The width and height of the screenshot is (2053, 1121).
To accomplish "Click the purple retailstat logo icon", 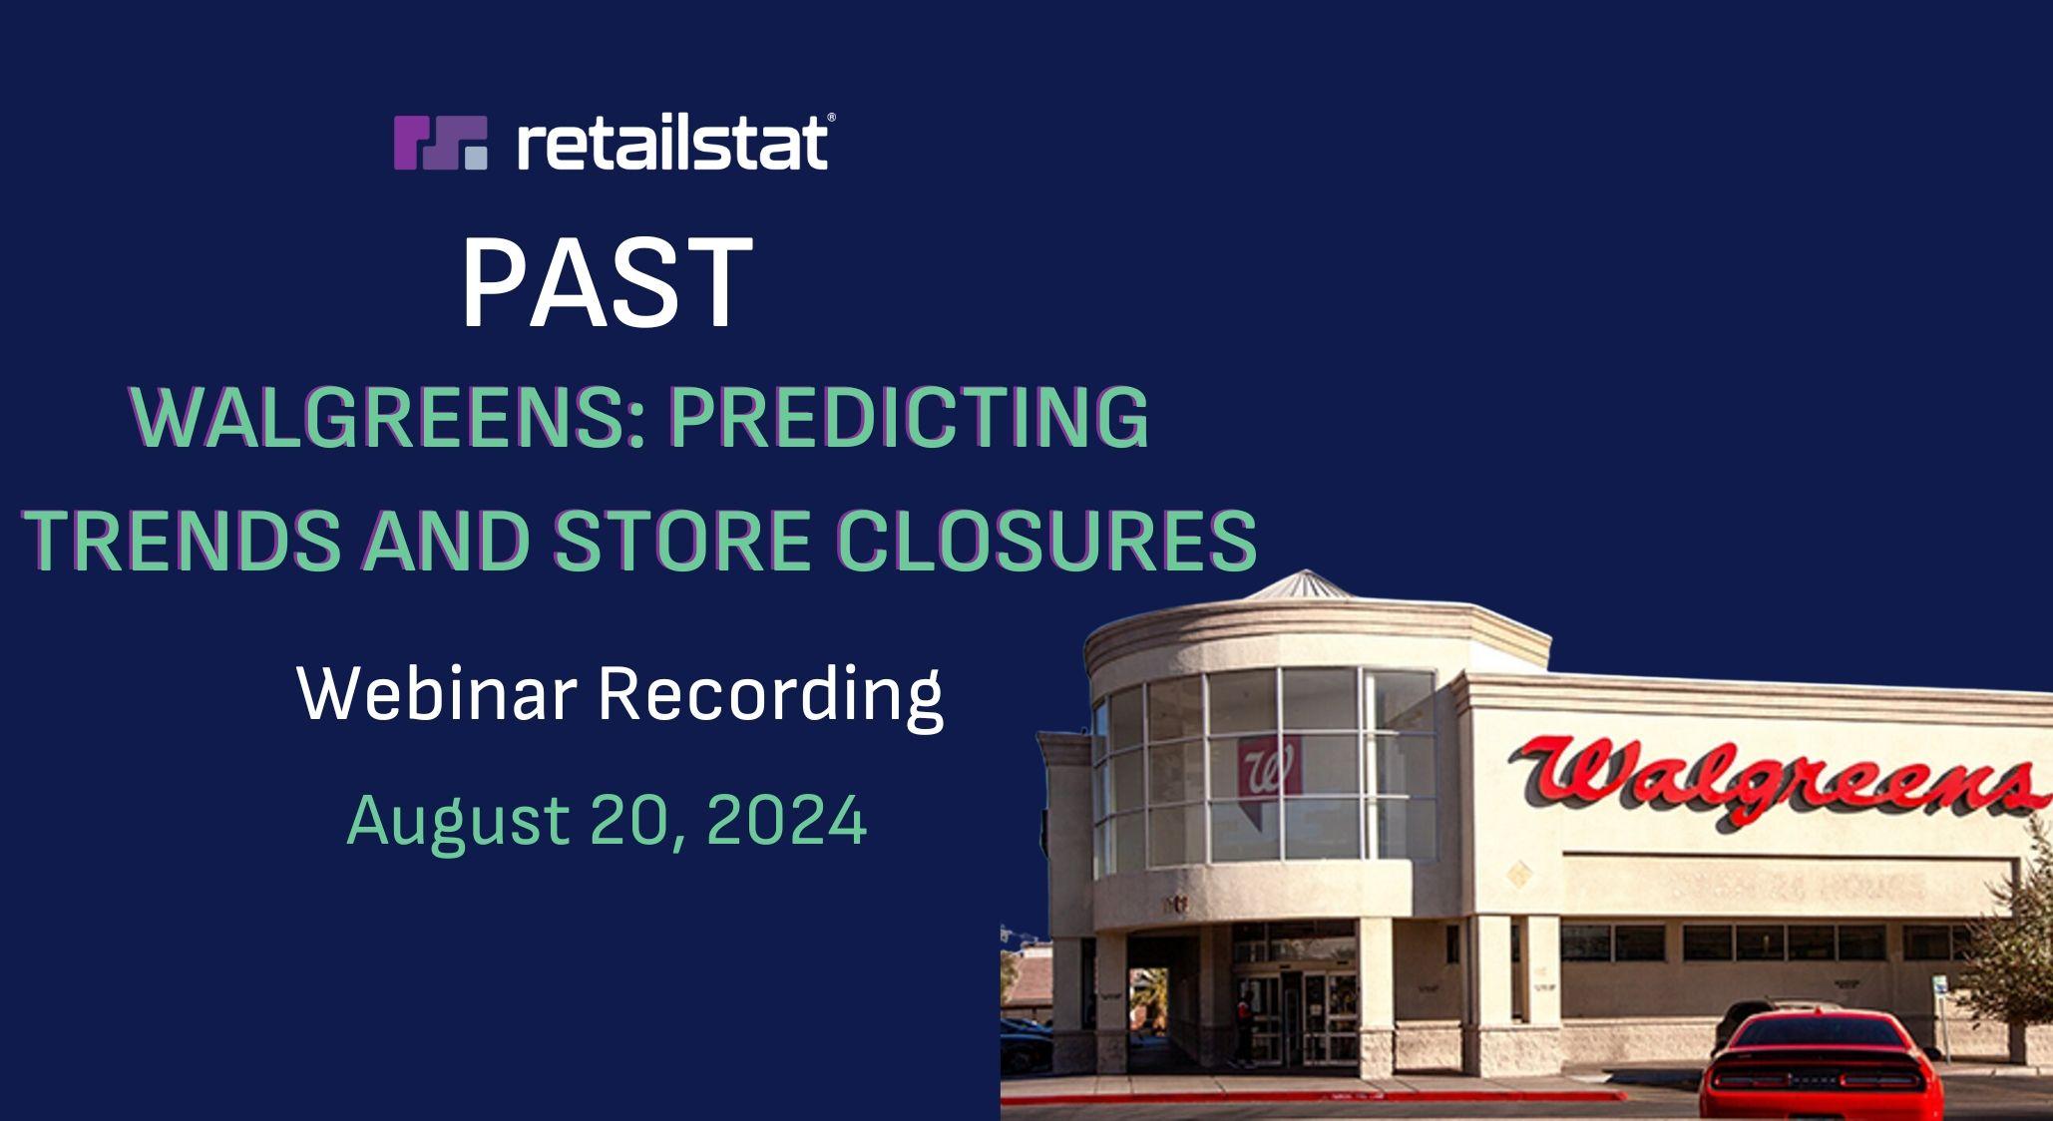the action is pos(440,143).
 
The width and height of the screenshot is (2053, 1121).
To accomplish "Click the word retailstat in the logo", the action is pos(671,143).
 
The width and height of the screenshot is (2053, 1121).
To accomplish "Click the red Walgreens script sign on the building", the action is pos(1772,777).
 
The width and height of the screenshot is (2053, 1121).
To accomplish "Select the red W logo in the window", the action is pos(1270,766).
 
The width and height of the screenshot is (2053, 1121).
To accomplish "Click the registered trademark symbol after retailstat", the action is pos(831,118).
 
